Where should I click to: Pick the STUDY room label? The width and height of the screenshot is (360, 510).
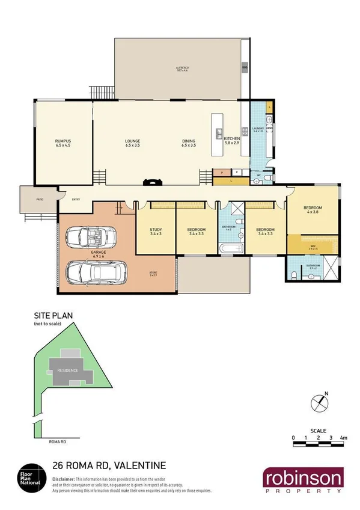coord(156,230)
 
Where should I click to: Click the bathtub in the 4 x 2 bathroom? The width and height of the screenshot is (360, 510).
coord(229,248)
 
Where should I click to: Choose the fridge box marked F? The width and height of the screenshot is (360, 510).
coord(237,172)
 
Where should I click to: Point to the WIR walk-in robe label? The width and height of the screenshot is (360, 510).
coord(313,245)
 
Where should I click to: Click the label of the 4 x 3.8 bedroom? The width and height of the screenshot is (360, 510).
coord(313,209)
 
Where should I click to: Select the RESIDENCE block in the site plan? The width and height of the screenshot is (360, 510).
coord(67,370)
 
